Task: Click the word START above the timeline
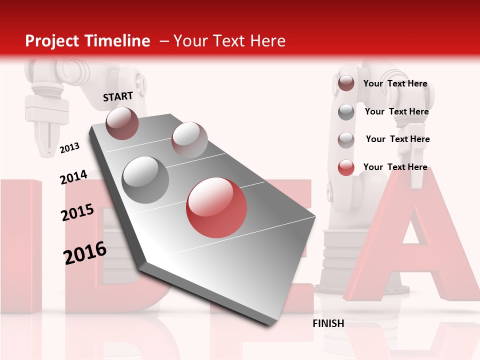point(118,96)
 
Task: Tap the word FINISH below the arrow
point(328,323)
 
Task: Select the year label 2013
point(69,148)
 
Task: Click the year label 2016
point(85,253)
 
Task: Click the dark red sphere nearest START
point(122,123)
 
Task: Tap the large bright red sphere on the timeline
point(216,207)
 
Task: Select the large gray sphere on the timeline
point(145,179)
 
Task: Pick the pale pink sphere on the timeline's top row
point(189,140)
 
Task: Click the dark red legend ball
point(346,83)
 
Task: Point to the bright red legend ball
point(346,167)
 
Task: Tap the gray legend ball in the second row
point(346,112)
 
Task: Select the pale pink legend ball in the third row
point(346,140)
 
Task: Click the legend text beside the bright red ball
point(395,167)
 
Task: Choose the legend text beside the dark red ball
point(395,83)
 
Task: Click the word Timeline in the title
point(117,41)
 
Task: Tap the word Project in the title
point(51,41)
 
